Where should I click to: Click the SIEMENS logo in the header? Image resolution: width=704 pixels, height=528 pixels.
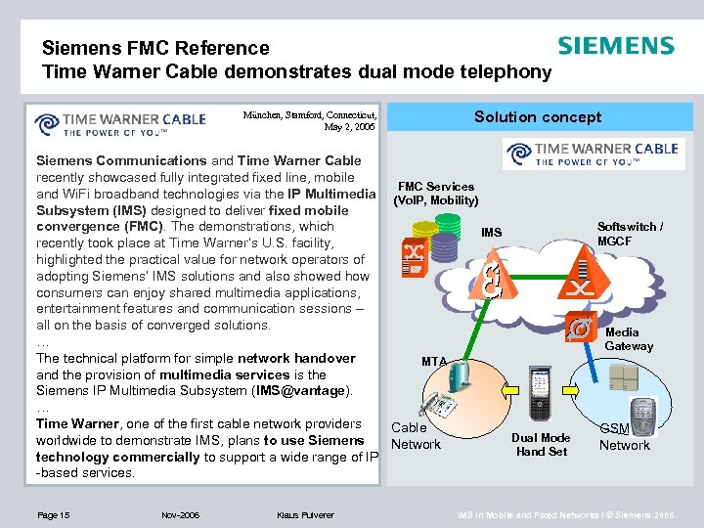point(615,47)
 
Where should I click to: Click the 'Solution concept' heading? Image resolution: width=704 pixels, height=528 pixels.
point(538,117)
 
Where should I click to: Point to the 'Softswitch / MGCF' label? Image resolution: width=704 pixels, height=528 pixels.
point(630,234)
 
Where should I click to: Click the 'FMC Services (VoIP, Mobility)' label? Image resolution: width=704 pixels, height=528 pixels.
point(435,194)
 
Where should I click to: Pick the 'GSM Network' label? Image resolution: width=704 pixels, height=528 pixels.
point(624,437)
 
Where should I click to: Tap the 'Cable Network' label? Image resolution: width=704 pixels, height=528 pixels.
point(416,436)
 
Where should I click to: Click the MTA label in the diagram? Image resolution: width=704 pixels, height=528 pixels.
point(434,362)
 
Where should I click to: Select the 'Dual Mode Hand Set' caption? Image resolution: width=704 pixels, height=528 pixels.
point(542,445)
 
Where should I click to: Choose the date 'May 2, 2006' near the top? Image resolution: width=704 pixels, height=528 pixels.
point(349,127)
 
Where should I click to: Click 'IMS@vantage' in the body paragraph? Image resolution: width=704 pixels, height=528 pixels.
point(301,391)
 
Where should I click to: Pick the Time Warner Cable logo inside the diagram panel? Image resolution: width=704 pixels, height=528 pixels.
point(591,154)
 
